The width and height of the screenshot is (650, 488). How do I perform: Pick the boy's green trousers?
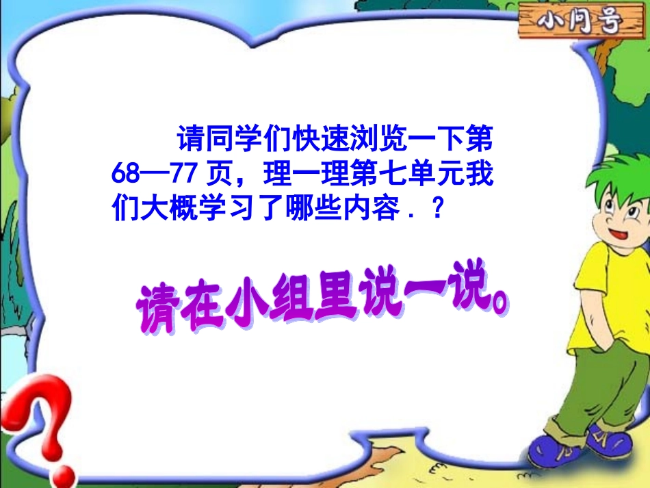tap(599, 390)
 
